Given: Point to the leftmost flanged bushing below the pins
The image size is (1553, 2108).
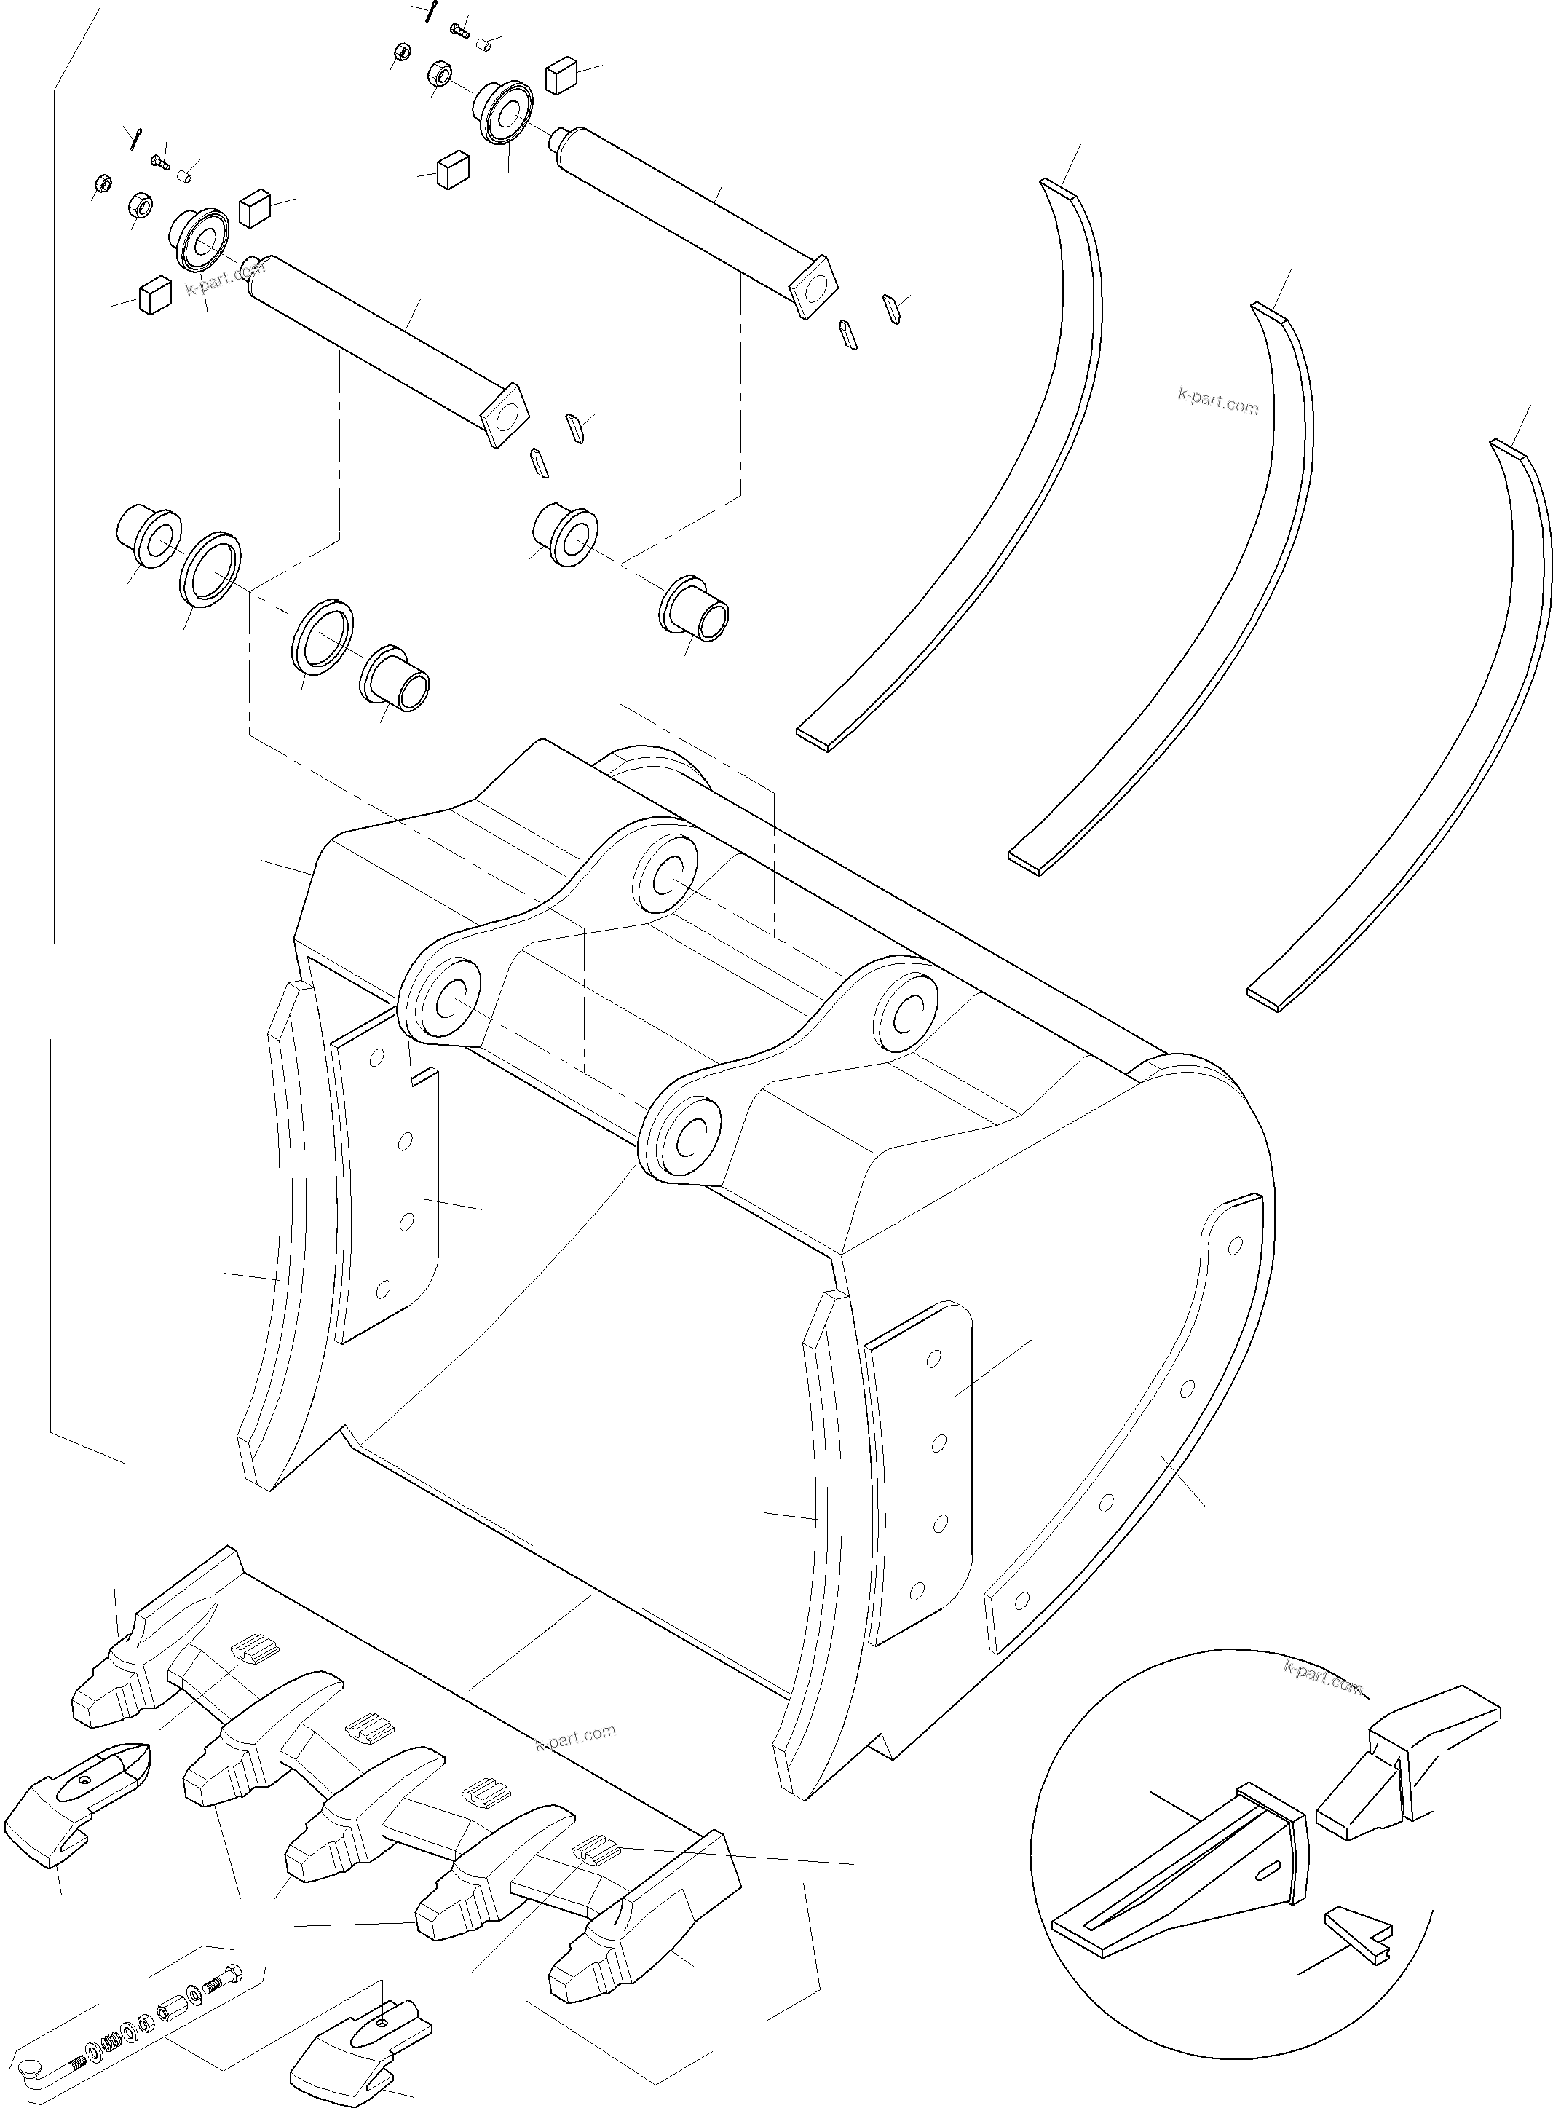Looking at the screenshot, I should coord(149,537).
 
